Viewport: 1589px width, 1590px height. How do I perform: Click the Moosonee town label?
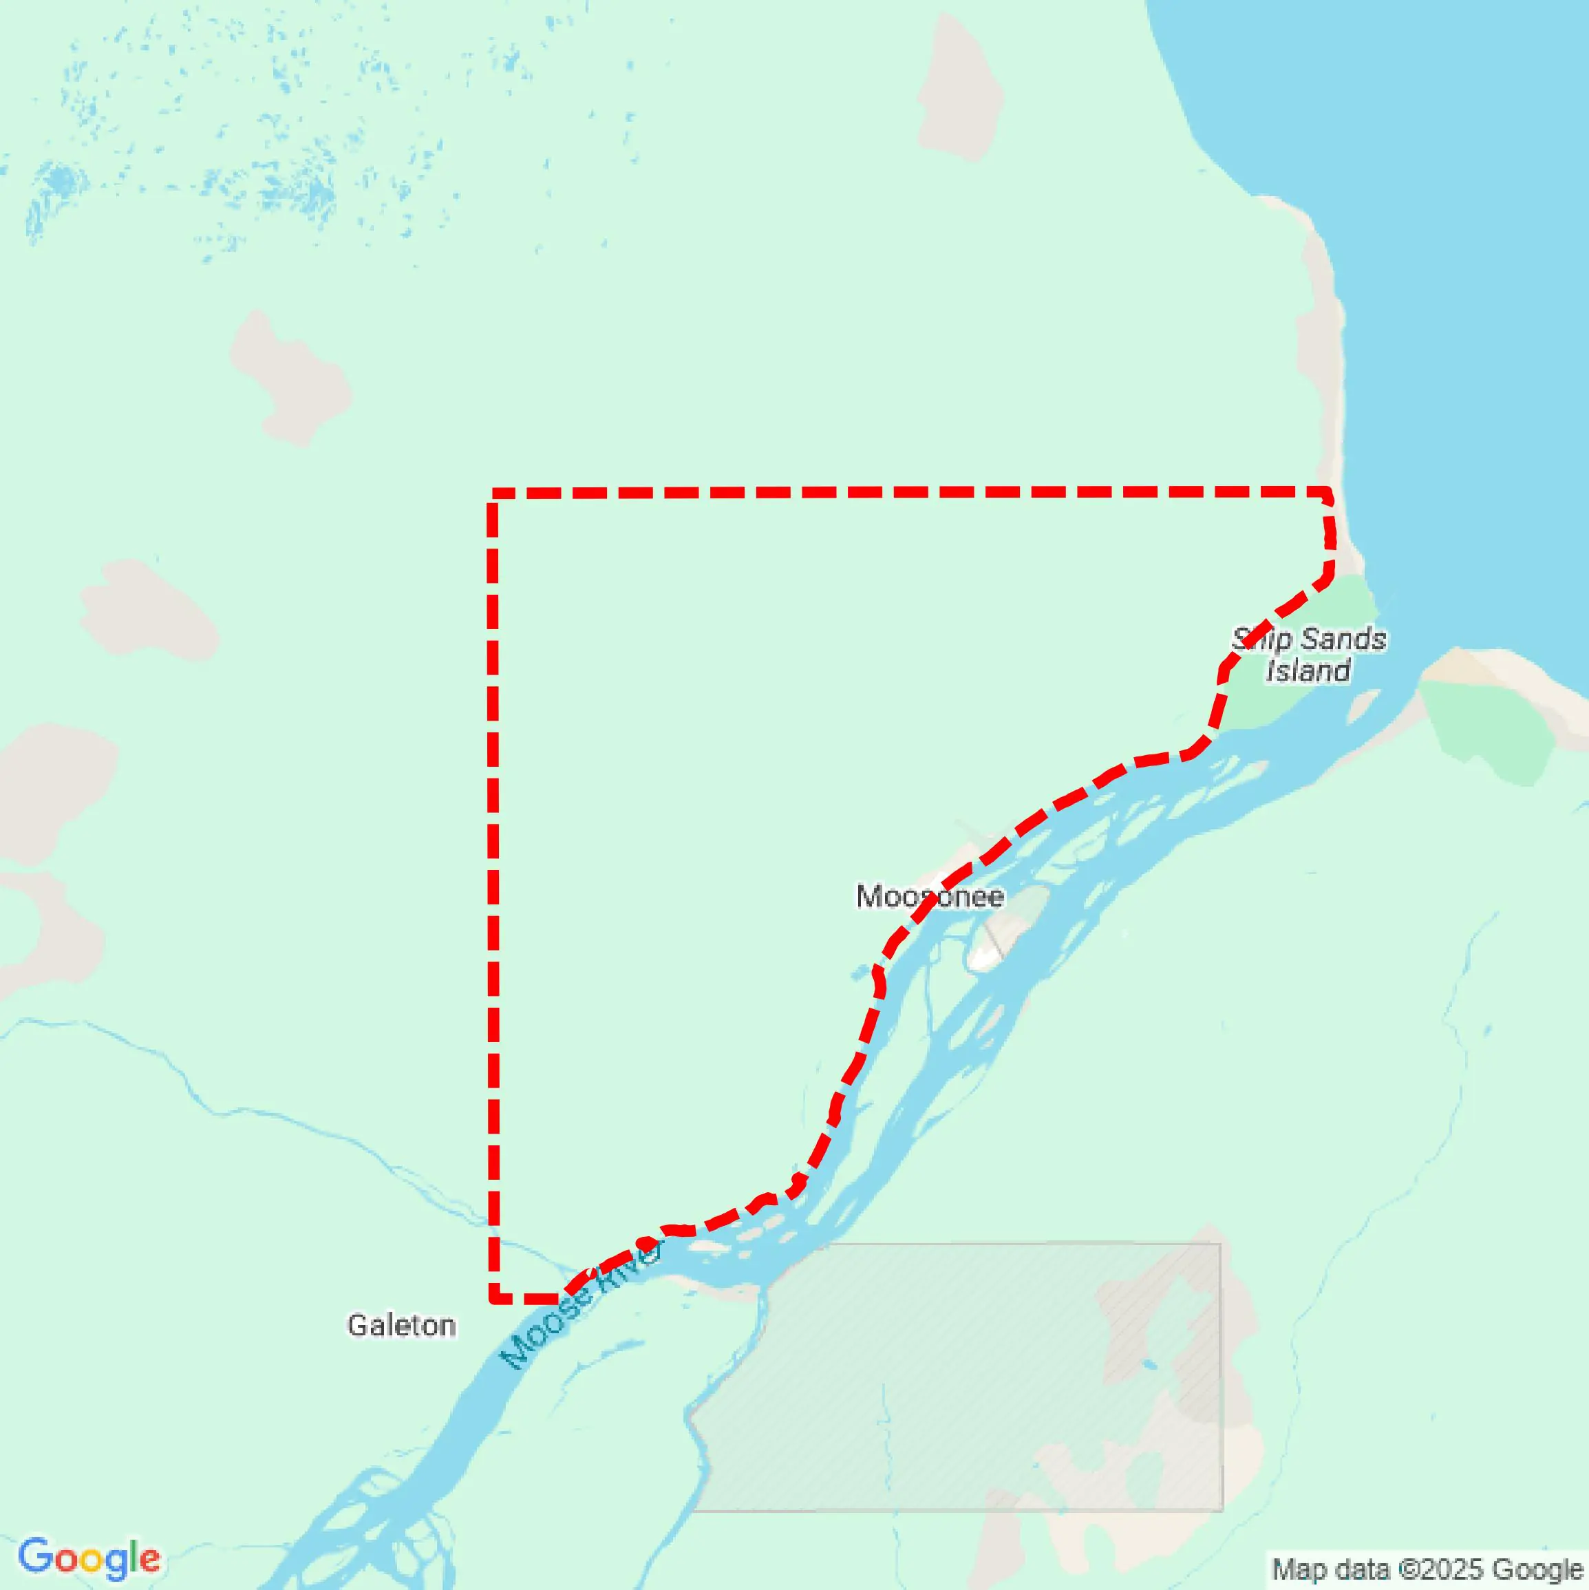pyautogui.click(x=929, y=896)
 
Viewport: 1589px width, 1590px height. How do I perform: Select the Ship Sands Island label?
pyautogui.click(x=1308, y=655)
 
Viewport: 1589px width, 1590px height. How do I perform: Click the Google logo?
pyautogui.click(x=89, y=1557)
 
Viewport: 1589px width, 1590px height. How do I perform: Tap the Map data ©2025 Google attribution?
pyautogui.click(x=1428, y=1569)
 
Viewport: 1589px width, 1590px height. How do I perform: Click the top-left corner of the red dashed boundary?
pyautogui.click(x=493, y=494)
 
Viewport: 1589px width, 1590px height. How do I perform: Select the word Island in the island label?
pyautogui.click(x=1308, y=670)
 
